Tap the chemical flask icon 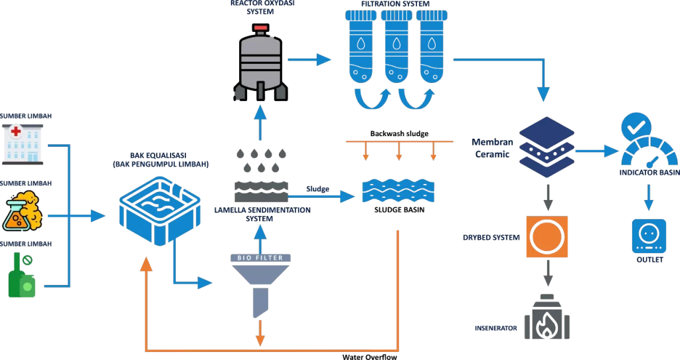pos(23,211)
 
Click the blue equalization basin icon pos(159,210)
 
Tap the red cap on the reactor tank pos(261,28)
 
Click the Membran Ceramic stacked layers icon pos(547,147)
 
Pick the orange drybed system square pos(547,237)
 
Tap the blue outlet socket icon pos(649,235)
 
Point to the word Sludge pos(317,189)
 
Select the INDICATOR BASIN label pos(649,173)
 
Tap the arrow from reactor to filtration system pos(311,60)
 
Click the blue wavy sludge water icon pos(398,191)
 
